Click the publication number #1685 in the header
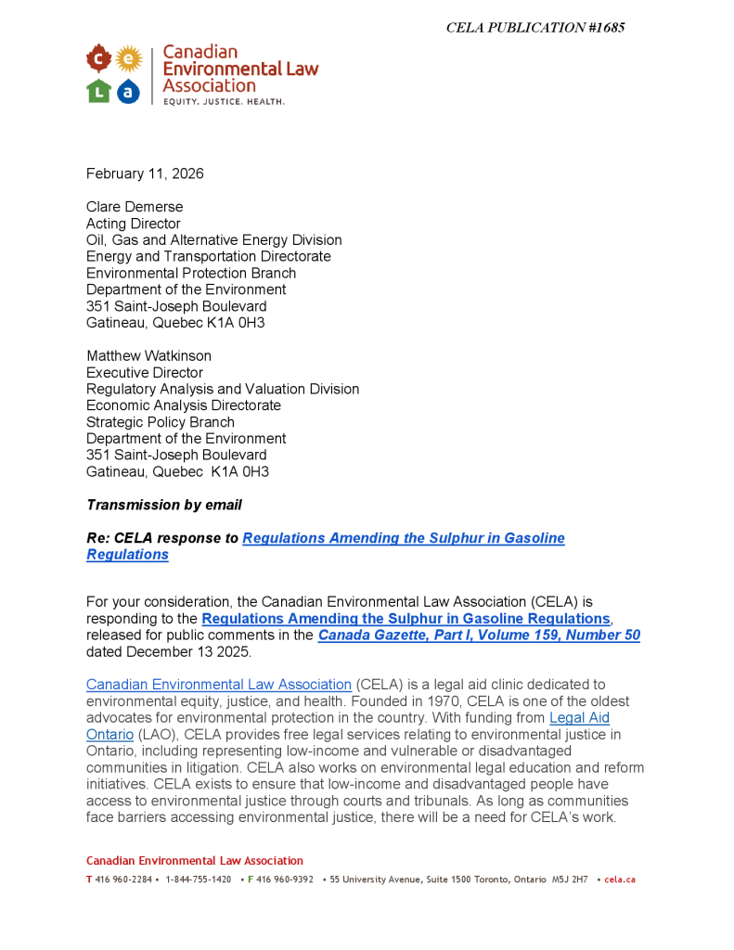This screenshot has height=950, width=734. pyautogui.click(x=606, y=28)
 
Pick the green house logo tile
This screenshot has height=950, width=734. pyautogui.click(x=98, y=91)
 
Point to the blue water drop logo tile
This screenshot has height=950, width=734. pyautogui.click(x=129, y=91)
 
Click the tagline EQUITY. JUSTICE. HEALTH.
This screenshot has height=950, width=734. pyautogui.click(x=224, y=101)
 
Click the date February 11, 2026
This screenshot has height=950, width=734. pyautogui.click(x=145, y=173)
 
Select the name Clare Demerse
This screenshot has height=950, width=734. pyautogui.click(x=135, y=207)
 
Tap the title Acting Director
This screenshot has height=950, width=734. pyautogui.click(x=134, y=224)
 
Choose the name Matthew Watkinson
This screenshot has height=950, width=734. pyautogui.click(x=148, y=356)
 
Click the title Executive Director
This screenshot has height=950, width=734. pyautogui.click(x=145, y=373)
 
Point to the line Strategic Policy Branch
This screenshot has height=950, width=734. pyautogui.click(x=161, y=422)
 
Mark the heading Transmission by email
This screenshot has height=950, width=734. pyautogui.click(x=164, y=505)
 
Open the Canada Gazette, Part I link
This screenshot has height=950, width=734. pyautogui.click(x=479, y=635)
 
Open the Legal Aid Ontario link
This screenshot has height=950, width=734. pyautogui.click(x=579, y=718)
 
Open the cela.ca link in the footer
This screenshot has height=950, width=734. pyautogui.click(x=620, y=879)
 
